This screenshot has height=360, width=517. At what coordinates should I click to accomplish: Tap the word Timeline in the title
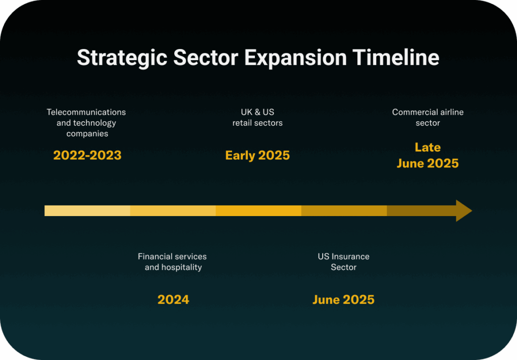pos(396,58)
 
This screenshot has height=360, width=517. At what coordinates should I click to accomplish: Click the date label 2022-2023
pos(87,156)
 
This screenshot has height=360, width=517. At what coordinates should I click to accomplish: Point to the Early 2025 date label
pos(257,156)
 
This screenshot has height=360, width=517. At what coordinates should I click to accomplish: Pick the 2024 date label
pos(174,300)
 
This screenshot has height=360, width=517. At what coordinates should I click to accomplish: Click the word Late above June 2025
pos(428,147)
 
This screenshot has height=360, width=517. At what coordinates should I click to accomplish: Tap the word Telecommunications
pos(86,112)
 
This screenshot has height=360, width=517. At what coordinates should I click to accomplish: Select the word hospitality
pos(181,268)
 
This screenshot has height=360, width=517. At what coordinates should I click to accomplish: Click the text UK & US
pos(257,112)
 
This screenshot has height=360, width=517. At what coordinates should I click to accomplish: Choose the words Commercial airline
pos(428,112)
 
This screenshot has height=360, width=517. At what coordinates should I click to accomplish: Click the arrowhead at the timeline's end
pos(463,211)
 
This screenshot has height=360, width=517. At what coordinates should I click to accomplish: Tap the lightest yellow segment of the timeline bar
pos(87,211)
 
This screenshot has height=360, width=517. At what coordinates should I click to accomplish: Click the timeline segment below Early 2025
pos(258,211)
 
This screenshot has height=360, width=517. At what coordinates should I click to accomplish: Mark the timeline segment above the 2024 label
pos(173,211)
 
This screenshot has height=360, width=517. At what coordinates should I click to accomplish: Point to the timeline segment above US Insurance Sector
pos(344,211)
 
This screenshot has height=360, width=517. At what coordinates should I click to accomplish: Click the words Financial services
pos(172,256)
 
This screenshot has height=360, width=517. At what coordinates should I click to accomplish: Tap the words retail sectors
pos(257,123)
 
